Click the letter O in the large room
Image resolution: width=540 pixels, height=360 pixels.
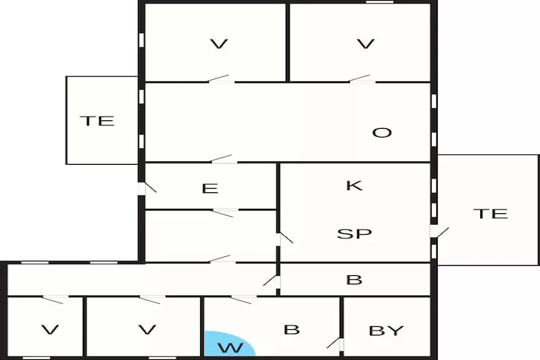pyautogui.click(x=382, y=132)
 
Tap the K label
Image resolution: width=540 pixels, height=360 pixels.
pyautogui.click(x=354, y=185)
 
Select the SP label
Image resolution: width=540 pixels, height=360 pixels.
pyautogui.click(x=354, y=234)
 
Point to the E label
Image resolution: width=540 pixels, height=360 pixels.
pyautogui.click(x=210, y=189)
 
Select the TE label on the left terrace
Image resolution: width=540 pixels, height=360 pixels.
pyautogui.click(x=97, y=121)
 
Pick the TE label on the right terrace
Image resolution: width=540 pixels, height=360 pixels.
pyautogui.click(x=490, y=213)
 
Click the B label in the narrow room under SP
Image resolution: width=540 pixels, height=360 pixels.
pyautogui.click(x=354, y=279)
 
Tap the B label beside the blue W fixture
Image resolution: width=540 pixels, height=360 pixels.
pyautogui.click(x=291, y=330)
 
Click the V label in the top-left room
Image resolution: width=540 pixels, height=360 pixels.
pyautogui.click(x=218, y=44)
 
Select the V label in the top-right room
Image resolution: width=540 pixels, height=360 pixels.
pyautogui.click(x=366, y=44)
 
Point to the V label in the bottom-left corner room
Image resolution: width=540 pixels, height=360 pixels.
pyautogui.click(x=50, y=330)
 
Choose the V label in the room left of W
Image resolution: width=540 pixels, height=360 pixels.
pyautogui.click(x=147, y=330)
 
